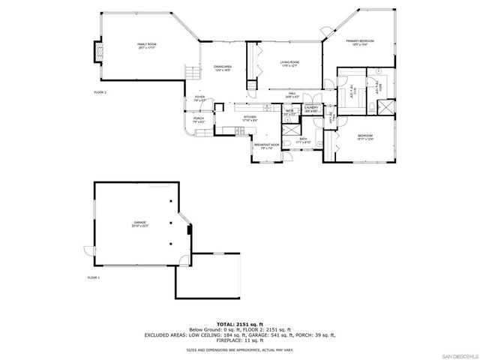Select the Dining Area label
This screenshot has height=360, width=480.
tap(221, 68)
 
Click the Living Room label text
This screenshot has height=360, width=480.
tap(290, 64)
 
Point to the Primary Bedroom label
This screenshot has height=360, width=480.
tap(359, 42)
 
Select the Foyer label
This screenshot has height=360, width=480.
tap(200, 98)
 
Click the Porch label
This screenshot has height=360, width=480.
tap(199, 119)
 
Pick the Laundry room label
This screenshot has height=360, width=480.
tap(312, 109)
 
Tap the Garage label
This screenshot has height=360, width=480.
tap(140, 223)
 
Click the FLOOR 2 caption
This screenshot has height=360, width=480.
tap(100, 92)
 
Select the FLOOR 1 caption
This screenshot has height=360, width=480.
tap(94, 277)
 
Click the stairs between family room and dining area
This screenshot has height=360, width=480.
tap(193, 73)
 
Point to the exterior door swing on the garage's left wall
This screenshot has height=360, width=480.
tap(88, 251)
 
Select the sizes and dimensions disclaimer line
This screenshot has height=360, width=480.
tap(240, 349)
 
